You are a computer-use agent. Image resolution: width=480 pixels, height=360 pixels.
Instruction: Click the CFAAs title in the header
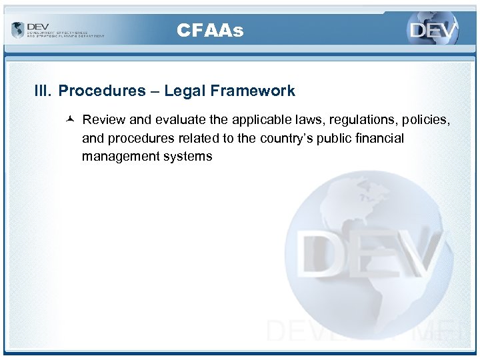(210, 30)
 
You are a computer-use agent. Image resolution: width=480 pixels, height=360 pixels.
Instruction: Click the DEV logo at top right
(433, 30)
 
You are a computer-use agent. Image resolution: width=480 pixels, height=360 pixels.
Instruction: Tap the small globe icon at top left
(17, 30)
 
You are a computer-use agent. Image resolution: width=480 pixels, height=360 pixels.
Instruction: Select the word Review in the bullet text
(101, 120)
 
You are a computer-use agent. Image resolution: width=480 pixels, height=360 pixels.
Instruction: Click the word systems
(187, 157)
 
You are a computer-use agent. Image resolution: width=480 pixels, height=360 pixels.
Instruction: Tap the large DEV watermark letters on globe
(370, 257)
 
